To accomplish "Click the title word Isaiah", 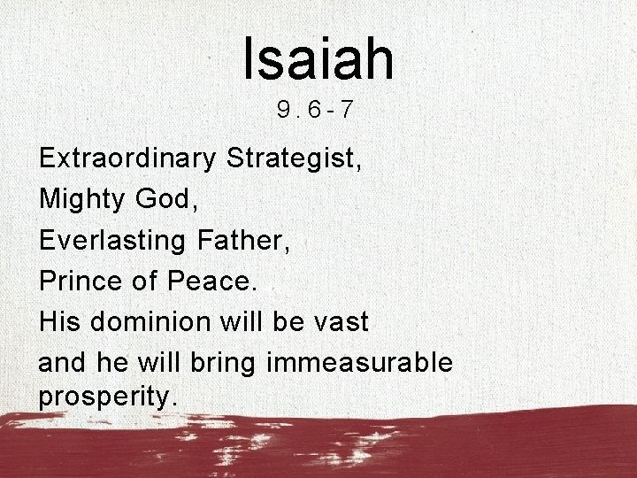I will [x=318, y=58].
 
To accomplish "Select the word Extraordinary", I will [x=127, y=160].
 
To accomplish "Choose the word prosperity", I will [x=109, y=397].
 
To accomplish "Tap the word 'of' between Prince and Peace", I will [x=143, y=282].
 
